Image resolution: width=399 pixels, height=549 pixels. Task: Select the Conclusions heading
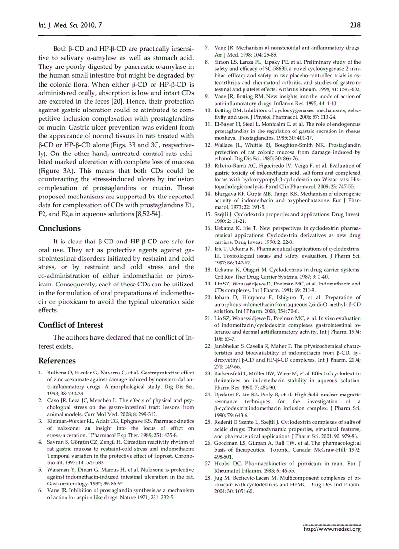(60, 228)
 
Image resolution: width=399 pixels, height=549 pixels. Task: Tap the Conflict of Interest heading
(71, 325)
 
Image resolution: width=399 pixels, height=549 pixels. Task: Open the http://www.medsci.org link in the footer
(332, 528)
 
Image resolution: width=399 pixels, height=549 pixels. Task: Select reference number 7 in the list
(207, 48)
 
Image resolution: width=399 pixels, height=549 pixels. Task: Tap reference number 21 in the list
(208, 318)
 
